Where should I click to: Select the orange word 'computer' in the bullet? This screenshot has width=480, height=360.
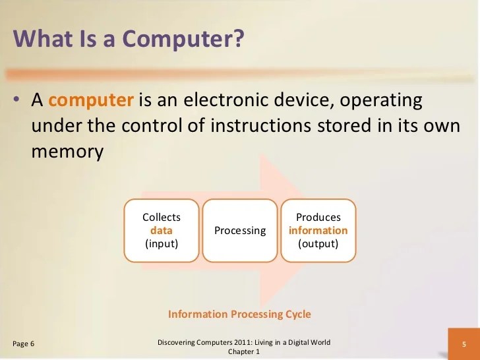tap(91, 100)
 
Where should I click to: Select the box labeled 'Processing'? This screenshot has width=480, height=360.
tap(240, 231)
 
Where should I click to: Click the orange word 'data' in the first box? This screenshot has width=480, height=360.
tap(161, 231)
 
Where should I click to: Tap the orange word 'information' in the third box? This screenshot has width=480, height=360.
tap(318, 231)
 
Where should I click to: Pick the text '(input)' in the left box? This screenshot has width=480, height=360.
tap(161, 243)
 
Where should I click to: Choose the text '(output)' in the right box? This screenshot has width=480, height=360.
tap(318, 243)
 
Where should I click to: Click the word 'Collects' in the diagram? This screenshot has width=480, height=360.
tap(161, 218)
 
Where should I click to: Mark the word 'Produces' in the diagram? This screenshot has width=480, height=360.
tap(318, 218)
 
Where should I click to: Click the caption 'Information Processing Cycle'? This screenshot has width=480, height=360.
tap(239, 314)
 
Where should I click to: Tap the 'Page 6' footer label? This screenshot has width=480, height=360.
tap(24, 344)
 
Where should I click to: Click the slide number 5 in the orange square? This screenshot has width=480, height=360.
tap(464, 344)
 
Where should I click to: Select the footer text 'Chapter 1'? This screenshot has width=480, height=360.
tap(245, 352)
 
